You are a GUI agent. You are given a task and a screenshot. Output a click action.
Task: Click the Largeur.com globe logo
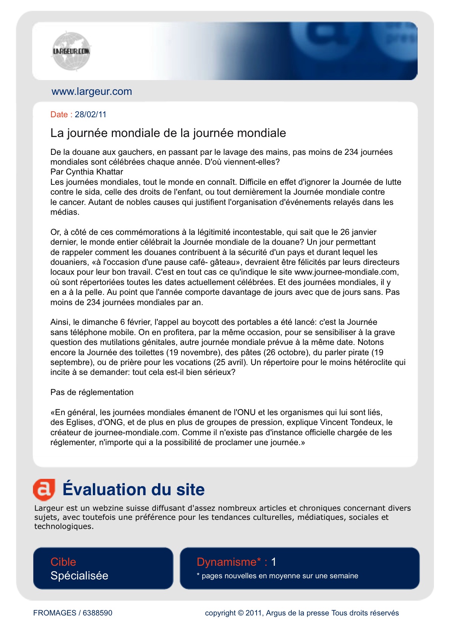(71, 51)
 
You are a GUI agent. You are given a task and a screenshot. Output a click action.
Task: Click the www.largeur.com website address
(92, 91)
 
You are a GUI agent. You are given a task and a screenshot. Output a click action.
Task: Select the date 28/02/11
(91, 115)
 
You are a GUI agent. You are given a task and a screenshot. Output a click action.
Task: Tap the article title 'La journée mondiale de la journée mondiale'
(168, 133)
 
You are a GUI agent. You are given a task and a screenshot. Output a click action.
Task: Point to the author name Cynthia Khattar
(94, 172)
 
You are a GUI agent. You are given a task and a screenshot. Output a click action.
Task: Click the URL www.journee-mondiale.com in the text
(346, 272)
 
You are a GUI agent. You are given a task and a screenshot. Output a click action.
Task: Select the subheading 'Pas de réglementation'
(92, 392)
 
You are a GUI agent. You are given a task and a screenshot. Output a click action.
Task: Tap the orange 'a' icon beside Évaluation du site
(44, 489)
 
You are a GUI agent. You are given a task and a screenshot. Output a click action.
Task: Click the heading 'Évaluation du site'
(133, 489)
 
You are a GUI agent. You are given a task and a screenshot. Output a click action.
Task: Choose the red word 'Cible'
(63, 562)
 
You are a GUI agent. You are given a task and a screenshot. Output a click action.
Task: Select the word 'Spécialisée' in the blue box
(79, 576)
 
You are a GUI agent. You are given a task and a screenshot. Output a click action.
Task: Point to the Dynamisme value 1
(274, 562)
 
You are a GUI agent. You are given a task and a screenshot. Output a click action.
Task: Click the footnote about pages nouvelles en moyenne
(277, 576)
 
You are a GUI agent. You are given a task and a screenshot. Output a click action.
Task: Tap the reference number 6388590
(97, 613)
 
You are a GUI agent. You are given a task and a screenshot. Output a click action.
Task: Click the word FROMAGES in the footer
(55, 613)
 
